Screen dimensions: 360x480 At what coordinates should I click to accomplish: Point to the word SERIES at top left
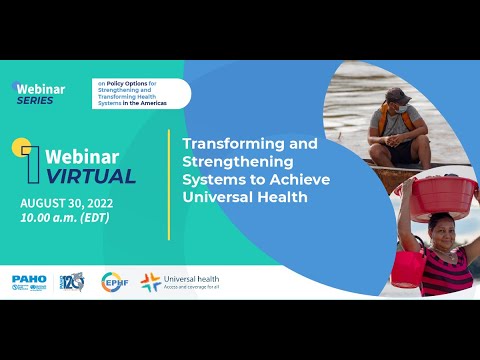click(x=36, y=100)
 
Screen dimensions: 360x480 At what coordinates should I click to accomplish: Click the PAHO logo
click(x=29, y=282)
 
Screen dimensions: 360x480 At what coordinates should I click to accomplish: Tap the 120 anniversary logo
click(x=72, y=282)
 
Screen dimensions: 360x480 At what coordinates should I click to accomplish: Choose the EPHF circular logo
click(x=114, y=282)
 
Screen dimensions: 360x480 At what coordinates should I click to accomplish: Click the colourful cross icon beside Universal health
click(x=151, y=282)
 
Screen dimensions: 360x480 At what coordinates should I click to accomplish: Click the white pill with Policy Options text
click(x=140, y=93)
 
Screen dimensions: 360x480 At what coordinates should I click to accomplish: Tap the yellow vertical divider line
click(x=169, y=170)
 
